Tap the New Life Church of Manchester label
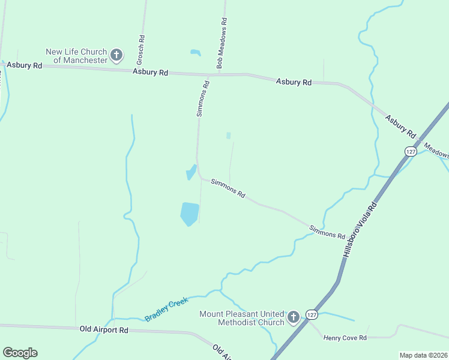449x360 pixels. pos(76,56)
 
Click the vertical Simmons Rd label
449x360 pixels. pos(204,98)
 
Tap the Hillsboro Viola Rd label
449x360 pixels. pos(360,229)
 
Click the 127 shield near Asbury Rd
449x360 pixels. pos(411,151)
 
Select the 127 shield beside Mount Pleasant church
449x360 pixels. pos(311,314)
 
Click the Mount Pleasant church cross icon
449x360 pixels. pos(293,317)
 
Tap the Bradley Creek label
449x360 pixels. pos(166,309)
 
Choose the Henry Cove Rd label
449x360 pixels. pos(345,338)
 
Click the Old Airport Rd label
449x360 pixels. pos(104,329)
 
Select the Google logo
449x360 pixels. pos(20,352)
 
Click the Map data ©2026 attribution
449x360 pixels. pos(423,355)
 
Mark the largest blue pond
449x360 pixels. pos(189,214)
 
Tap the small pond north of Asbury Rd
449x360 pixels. pos(195,53)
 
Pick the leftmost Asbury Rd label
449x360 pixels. pos(25,65)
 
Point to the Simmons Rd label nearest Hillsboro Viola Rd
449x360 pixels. pos(327,232)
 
